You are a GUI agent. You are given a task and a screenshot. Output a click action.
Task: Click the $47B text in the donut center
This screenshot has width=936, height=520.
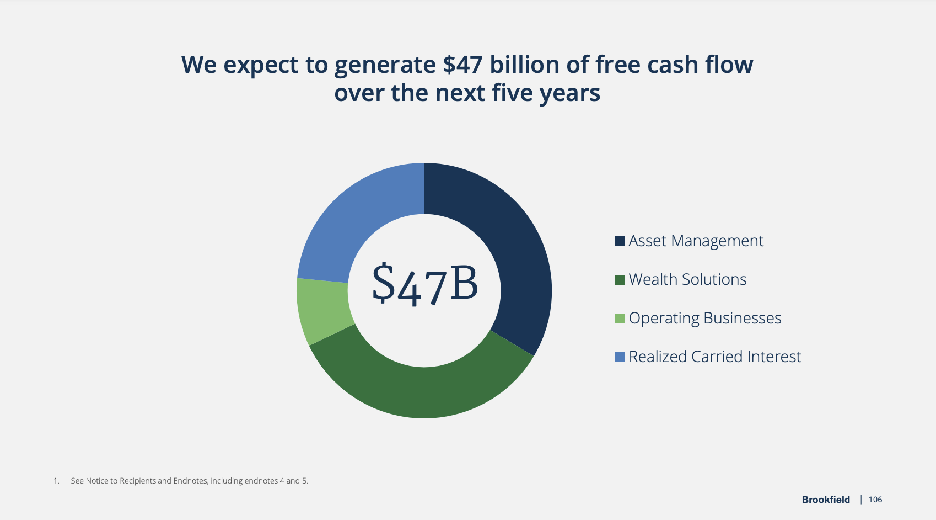pyautogui.click(x=424, y=285)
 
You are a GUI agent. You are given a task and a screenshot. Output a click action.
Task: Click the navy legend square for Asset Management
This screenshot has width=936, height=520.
pyautogui.click(x=620, y=241)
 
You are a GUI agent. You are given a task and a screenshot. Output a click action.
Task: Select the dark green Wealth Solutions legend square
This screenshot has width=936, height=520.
pyautogui.click(x=620, y=280)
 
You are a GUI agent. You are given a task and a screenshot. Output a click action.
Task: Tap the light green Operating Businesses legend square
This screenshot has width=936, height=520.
pyautogui.click(x=620, y=319)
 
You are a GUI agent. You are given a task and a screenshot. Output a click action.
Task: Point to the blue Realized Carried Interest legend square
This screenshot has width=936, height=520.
pyautogui.click(x=620, y=357)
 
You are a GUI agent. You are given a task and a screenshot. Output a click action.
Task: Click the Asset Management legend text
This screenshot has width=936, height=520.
pyautogui.click(x=696, y=241)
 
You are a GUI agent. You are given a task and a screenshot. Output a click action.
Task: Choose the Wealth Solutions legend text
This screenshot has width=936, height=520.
pyautogui.click(x=687, y=280)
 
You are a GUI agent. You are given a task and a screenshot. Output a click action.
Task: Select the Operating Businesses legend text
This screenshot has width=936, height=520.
pyautogui.click(x=704, y=319)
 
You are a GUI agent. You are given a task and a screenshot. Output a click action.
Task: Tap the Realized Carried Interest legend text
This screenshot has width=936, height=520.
pyautogui.click(x=714, y=357)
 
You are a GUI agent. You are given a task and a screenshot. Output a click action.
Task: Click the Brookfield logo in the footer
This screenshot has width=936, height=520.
pyautogui.click(x=826, y=500)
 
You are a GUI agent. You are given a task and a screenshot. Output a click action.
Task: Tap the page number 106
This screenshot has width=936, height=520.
pyautogui.click(x=875, y=500)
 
